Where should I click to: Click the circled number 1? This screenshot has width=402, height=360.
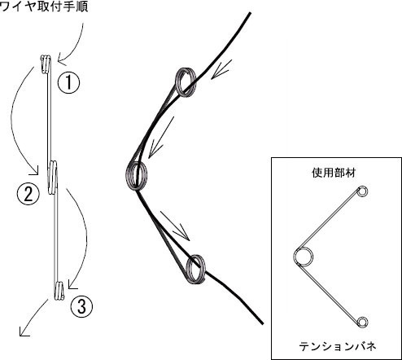pyautogui.click(x=68, y=82)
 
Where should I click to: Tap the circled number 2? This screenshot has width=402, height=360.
pyautogui.click(x=28, y=194)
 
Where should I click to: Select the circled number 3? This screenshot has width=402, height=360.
pyautogui.click(x=81, y=306)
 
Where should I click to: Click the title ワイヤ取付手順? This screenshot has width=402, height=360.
pyautogui.click(x=44, y=6)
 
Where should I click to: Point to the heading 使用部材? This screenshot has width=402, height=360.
pyautogui.click(x=334, y=173)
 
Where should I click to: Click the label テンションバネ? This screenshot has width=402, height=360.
pyautogui.click(x=338, y=347)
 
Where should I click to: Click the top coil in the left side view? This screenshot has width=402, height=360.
pyautogui.click(x=46, y=63)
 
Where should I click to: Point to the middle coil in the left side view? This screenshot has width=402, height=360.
pyautogui.click(x=53, y=177)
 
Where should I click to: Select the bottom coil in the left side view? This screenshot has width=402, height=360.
pyautogui.click(x=59, y=292)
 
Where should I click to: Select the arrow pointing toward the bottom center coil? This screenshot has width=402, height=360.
pyautogui.click(x=175, y=226)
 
